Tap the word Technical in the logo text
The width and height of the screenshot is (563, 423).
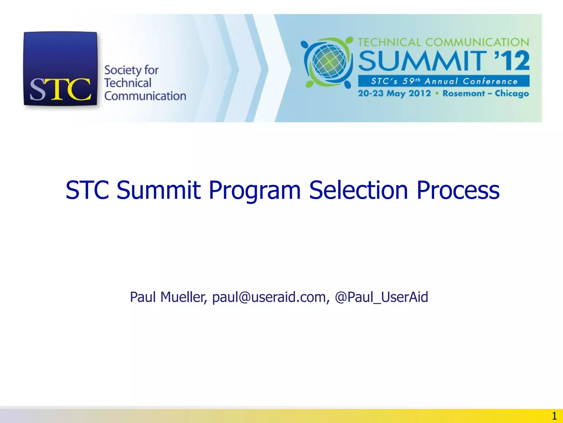point(128,83)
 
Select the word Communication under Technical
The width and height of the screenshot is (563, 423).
point(145,96)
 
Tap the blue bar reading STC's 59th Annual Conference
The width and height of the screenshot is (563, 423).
point(444,81)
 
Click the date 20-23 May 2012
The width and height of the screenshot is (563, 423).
point(394,93)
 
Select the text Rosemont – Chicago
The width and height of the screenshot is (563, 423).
point(485,94)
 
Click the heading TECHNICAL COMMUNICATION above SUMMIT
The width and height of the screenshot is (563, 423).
point(443,42)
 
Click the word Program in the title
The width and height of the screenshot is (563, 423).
point(255,191)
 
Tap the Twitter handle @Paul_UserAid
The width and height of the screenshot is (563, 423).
point(382,297)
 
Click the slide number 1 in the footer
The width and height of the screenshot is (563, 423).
point(554,416)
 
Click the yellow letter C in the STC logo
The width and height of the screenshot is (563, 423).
point(80,89)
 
